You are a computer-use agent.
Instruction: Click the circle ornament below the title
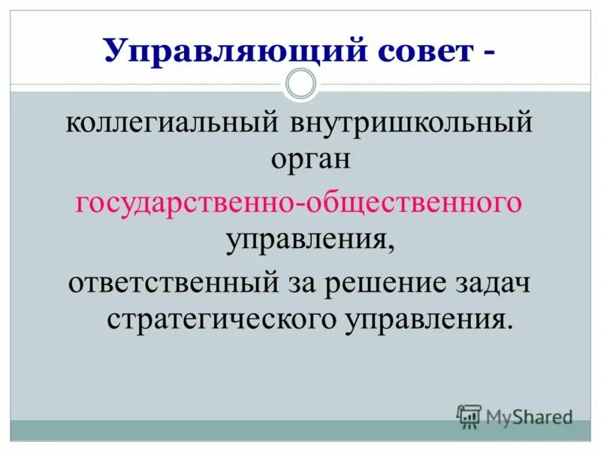point(301,84)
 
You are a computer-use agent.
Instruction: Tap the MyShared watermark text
point(529,416)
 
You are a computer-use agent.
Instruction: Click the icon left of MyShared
point(469,416)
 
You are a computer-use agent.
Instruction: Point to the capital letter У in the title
point(115,50)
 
